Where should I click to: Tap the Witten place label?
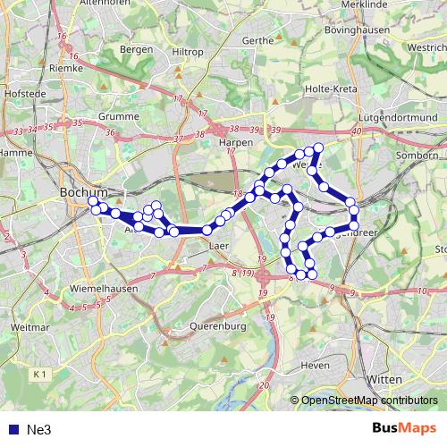[x=384, y=379]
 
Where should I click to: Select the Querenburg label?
[x=217, y=327]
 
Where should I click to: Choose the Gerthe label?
[x=257, y=40]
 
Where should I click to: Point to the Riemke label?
[x=66, y=67]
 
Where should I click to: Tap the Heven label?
[x=316, y=366]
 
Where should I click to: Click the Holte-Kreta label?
[x=333, y=89]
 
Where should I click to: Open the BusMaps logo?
[x=404, y=429]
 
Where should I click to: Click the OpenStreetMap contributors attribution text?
[x=369, y=401]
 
